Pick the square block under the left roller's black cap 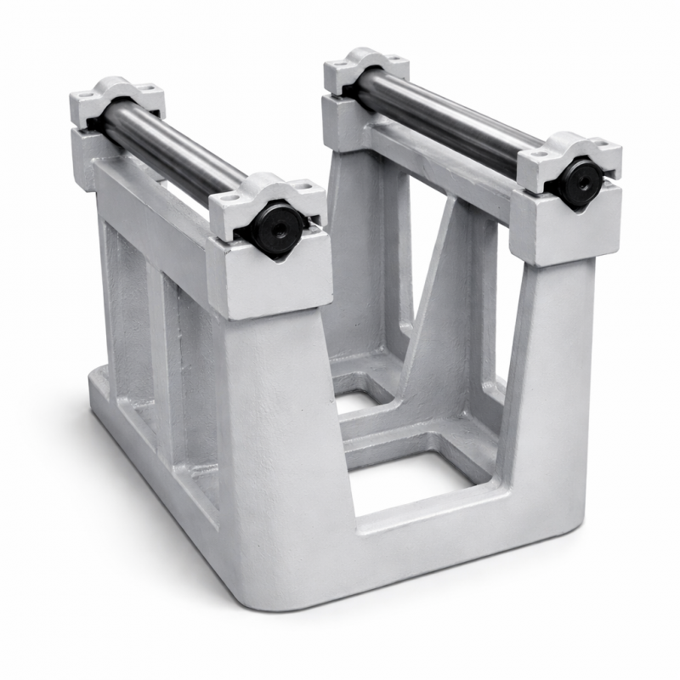pyautogui.click(x=276, y=276)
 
